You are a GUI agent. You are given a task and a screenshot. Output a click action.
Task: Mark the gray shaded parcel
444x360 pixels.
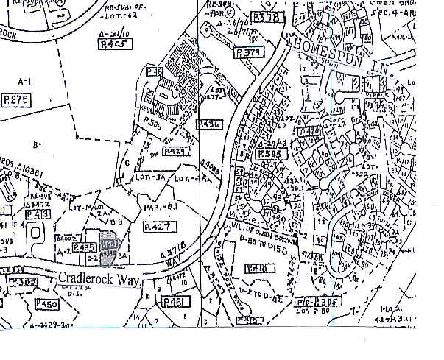point(108,250)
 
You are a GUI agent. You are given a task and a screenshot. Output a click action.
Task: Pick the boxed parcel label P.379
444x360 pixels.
point(249,53)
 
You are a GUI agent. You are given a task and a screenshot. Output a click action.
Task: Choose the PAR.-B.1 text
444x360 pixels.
point(164,209)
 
